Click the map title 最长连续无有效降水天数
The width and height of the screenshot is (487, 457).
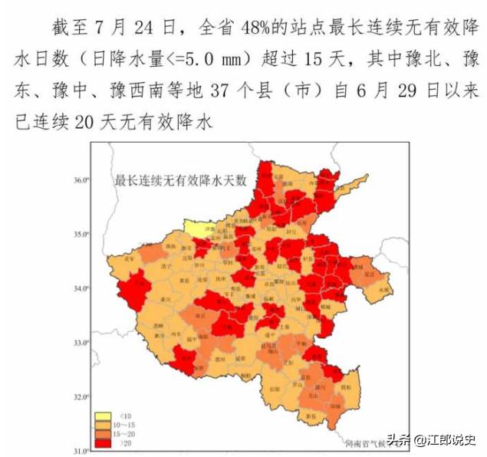pos(181,181)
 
